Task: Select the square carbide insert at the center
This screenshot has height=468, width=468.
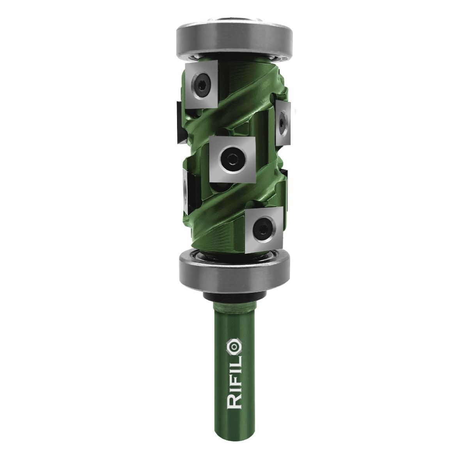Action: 232,159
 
